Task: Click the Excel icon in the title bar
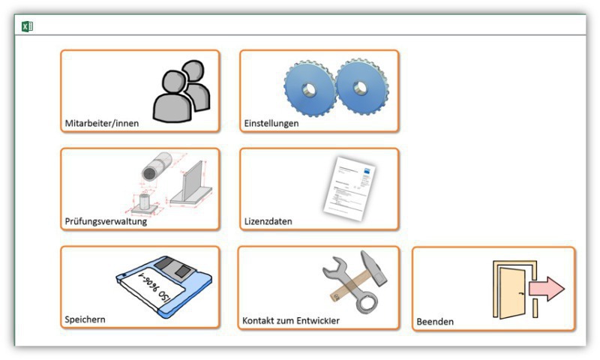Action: [27, 26]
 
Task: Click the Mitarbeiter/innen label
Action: [102, 123]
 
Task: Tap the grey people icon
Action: [181, 91]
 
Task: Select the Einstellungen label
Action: [271, 123]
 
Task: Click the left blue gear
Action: [310, 88]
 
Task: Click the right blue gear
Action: [362, 86]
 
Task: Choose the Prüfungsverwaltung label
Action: [106, 221]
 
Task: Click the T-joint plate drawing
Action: [191, 185]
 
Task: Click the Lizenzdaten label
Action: [268, 221]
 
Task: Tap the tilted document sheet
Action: [349, 188]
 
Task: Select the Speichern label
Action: [85, 319]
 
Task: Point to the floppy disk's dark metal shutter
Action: [173, 267]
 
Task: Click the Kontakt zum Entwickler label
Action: [291, 320]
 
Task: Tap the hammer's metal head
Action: [373, 268]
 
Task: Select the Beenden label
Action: [435, 322]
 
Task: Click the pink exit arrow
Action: [547, 289]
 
